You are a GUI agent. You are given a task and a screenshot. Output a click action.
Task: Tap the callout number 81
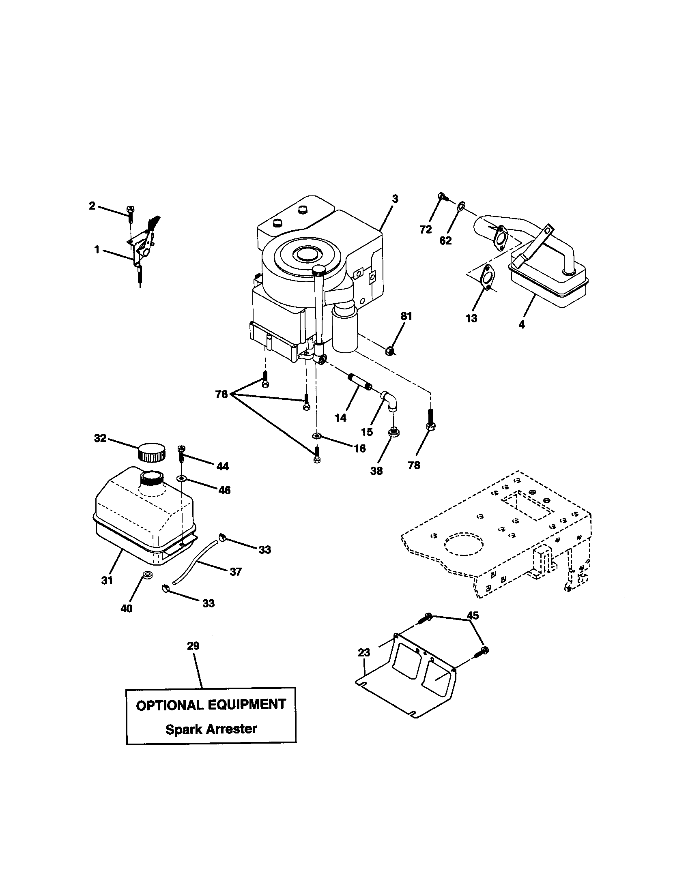(406, 316)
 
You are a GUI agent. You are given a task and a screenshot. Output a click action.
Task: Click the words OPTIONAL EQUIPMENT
(211, 705)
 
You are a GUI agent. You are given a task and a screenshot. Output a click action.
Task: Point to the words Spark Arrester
(211, 729)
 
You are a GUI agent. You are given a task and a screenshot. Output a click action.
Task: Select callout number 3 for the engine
(395, 199)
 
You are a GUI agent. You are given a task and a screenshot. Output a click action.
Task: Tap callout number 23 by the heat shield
(363, 653)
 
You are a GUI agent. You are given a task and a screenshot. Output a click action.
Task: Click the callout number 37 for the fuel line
(236, 572)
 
